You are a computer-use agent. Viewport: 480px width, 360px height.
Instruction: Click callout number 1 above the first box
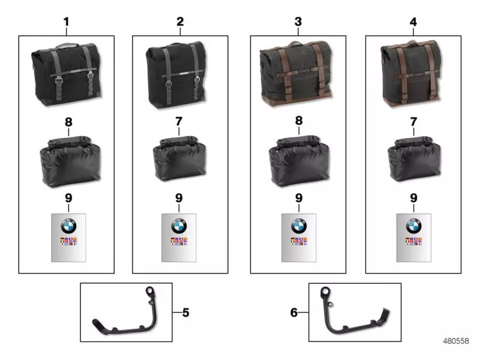click(66, 22)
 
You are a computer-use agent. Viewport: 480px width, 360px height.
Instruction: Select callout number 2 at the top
click(180, 22)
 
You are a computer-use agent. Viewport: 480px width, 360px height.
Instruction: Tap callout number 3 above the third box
click(298, 22)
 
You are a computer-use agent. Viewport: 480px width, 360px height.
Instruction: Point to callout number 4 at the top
click(413, 22)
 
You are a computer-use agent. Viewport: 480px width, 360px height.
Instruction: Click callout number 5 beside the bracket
click(185, 312)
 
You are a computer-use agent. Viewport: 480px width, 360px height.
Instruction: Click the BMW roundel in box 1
click(69, 226)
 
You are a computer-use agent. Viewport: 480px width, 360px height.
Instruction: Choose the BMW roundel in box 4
click(413, 226)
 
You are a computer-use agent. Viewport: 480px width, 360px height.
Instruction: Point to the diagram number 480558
click(455, 341)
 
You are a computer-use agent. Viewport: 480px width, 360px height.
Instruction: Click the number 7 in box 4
click(413, 122)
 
